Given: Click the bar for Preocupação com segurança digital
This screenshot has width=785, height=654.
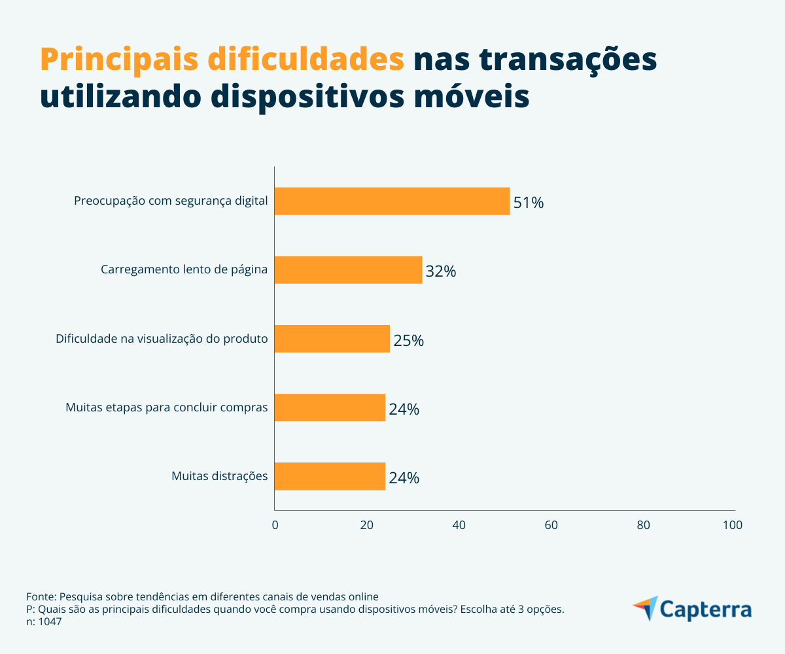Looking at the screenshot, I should pos(392,201).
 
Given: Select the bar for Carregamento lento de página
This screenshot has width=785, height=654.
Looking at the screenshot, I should pos(348,269).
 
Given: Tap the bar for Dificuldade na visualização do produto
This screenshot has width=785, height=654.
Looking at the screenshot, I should pos(332,339).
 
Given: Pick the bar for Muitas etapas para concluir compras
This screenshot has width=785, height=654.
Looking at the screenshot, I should pos(330,407).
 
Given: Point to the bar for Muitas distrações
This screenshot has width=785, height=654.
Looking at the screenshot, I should pos(330,476).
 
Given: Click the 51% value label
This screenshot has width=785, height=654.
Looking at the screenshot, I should pos(529,203).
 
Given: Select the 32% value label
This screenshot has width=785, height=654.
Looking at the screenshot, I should pos(441,271).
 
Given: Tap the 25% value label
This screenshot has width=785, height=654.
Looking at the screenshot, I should pos(409,341).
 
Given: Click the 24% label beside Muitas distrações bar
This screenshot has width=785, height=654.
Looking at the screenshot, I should pos(404,478).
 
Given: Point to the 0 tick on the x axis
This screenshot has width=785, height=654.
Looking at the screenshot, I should pos(275,525).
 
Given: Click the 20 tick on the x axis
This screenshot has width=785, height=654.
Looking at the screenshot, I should pos(367,525).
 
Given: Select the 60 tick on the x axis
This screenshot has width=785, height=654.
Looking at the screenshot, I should pos(551,525).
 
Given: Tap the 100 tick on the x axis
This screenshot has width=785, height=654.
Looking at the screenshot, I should pos(733,525).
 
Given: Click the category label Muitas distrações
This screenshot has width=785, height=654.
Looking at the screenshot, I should pos(220,476).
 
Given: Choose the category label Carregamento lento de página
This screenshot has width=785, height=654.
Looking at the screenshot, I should pos(184,269).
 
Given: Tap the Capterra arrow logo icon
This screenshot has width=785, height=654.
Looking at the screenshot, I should pos(646,608).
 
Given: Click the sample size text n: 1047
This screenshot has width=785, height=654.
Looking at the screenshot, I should pos(44,622).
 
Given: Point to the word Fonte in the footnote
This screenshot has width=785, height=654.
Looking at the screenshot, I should pos(41,597).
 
